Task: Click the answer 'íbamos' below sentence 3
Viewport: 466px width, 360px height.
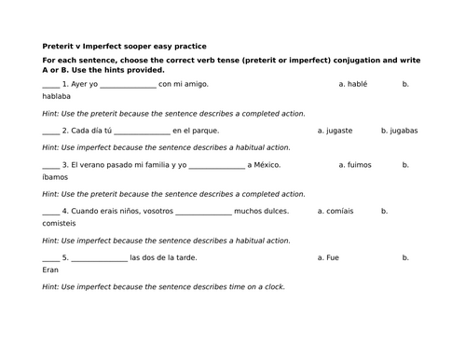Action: [55, 176]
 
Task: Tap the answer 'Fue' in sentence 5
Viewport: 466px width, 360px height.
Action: [331, 257]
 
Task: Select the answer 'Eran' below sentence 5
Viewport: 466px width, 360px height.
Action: [51, 270]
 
